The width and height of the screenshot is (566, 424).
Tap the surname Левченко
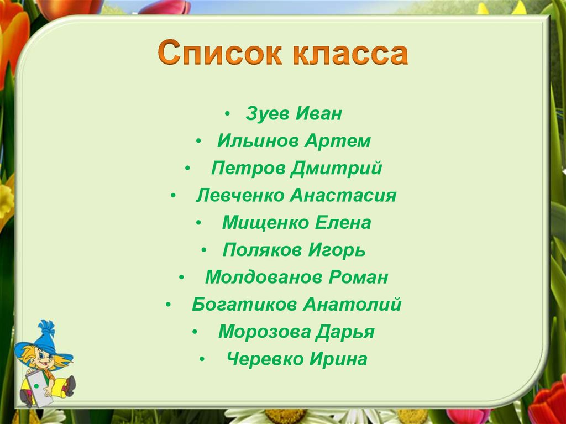[240, 196]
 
